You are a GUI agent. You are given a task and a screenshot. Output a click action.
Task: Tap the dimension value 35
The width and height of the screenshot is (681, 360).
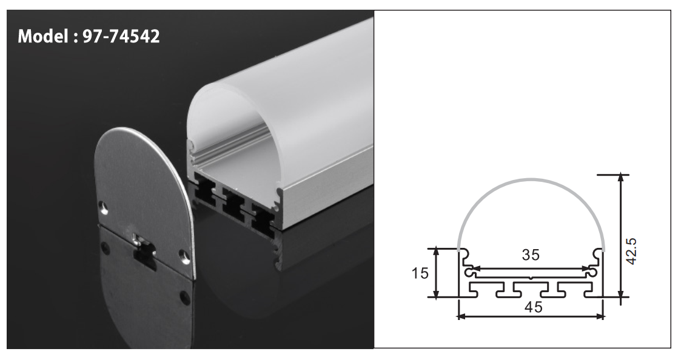click(x=531, y=255)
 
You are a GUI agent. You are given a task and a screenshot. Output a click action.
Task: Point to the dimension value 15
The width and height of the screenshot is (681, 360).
click(x=418, y=273)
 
